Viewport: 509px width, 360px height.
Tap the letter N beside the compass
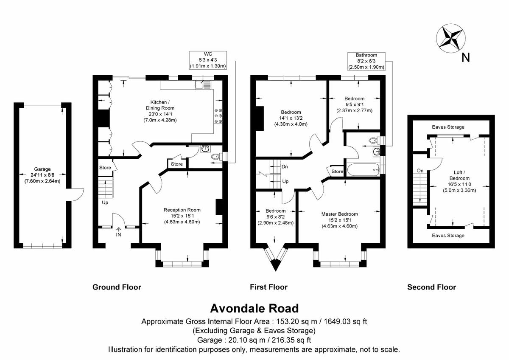[466, 58]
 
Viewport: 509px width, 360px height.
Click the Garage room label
[42, 175]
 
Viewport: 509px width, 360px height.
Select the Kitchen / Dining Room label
[160, 111]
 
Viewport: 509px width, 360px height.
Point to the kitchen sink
[203, 84]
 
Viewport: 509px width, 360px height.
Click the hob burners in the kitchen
[218, 116]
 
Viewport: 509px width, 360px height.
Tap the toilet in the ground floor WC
[217, 157]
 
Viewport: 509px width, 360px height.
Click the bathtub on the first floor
[364, 170]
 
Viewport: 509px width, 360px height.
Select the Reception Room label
[182, 216]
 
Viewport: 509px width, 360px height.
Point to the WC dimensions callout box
[208, 60]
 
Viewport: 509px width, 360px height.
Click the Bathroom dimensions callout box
[366, 61]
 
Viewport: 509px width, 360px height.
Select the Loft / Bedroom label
[459, 181]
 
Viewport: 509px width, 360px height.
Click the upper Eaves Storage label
[448, 127]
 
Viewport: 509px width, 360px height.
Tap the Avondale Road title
[254, 308]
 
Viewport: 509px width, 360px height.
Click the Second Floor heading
[431, 287]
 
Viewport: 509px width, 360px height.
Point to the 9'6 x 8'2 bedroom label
[275, 217]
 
